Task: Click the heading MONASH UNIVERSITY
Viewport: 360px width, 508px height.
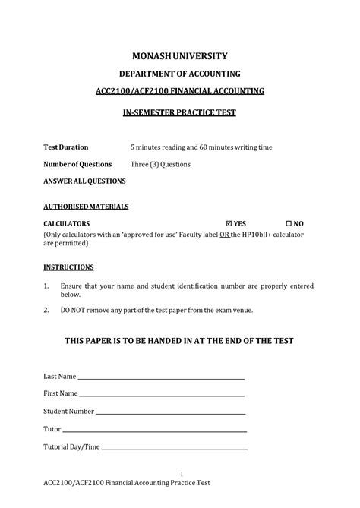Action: click(180, 56)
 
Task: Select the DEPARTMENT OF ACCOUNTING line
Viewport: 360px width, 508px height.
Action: click(180, 74)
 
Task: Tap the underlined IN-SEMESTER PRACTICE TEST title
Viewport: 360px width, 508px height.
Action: click(180, 112)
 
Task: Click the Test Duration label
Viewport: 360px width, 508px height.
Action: click(66, 147)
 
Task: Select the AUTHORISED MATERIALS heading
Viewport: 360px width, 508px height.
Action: click(86, 207)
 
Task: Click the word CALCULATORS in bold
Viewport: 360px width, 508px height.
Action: click(67, 224)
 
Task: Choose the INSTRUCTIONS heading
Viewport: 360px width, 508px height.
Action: click(68, 267)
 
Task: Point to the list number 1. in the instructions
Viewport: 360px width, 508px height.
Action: click(46, 286)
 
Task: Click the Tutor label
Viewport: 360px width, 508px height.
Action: click(52, 429)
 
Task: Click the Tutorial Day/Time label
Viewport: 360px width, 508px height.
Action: click(72, 447)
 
